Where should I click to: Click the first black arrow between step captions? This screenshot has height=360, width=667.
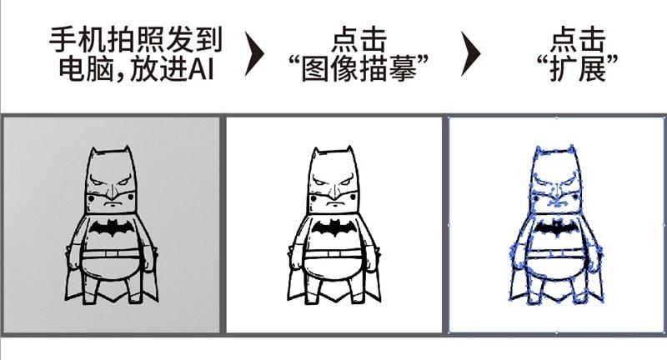pos(256,55)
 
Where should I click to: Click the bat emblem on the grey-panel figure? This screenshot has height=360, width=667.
pos(111,228)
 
